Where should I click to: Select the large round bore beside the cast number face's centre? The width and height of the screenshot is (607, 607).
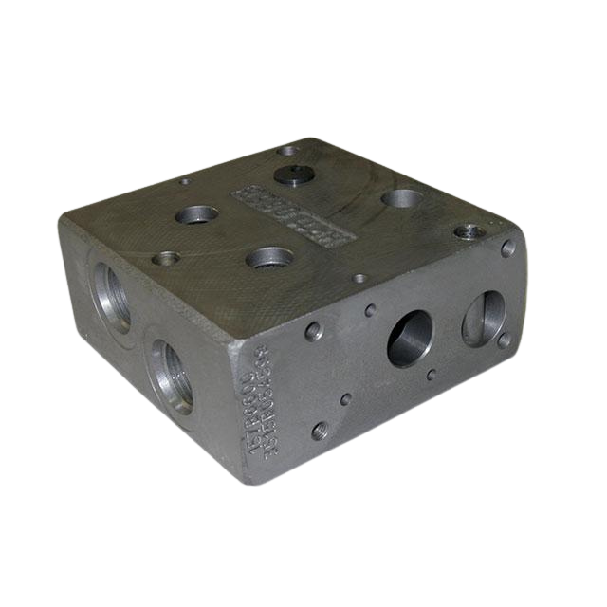click(x=410, y=338)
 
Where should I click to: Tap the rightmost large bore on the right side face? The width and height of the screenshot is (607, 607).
click(x=484, y=319)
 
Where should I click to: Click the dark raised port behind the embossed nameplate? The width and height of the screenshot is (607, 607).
click(x=289, y=174)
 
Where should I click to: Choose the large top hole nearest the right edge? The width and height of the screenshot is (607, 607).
click(x=403, y=199)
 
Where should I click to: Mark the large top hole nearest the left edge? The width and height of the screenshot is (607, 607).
click(x=196, y=215)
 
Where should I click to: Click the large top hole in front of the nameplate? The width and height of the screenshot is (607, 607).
click(x=269, y=257)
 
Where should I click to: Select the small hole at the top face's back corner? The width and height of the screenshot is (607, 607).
click(x=287, y=150)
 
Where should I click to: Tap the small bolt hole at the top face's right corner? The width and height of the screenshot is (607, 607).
click(x=468, y=231)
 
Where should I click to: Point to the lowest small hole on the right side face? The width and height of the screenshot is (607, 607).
click(x=321, y=431)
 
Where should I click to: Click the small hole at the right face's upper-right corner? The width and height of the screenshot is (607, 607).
click(x=508, y=248)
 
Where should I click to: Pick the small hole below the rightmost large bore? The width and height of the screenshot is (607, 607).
click(x=503, y=340)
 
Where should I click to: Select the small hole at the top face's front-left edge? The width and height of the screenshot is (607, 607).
click(x=167, y=257)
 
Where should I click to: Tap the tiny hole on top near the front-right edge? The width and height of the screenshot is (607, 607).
click(x=359, y=279)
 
